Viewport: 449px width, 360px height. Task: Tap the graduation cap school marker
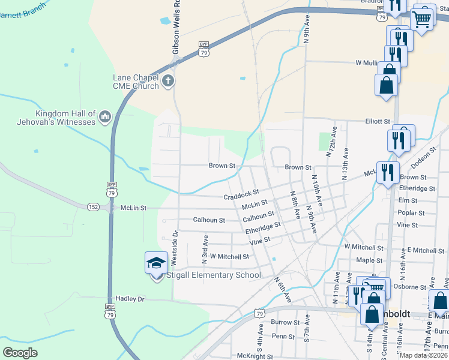(x=156, y=264)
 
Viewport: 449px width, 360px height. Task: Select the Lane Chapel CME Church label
(x=136, y=82)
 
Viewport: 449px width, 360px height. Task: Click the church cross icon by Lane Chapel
(x=168, y=80)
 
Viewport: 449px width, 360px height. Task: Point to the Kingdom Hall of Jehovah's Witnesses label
(x=65, y=118)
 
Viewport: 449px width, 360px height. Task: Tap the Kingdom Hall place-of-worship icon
(x=105, y=116)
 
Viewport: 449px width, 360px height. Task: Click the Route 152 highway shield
(x=93, y=206)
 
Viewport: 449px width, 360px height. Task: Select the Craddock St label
(x=241, y=196)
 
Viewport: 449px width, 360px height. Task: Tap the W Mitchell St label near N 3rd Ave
(x=229, y=257)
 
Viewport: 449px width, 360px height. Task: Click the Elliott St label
(x=378, y=121)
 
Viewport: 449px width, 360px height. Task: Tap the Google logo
(x=20, y=352)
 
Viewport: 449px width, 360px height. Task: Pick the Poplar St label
(x=411, y=213)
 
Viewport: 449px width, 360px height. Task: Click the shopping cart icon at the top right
(x=423, y=18)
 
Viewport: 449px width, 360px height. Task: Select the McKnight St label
(x=255, y=356)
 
